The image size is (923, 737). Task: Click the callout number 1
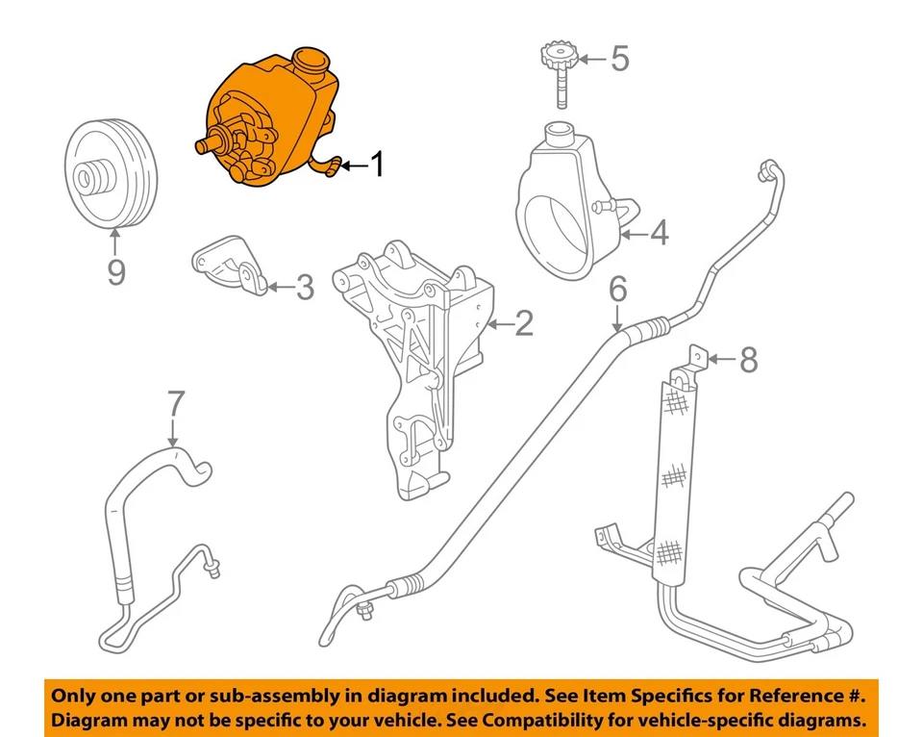tap(377, 165)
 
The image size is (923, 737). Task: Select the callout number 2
tap(523, 323)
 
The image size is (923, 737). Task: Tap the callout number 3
tap(304, 287)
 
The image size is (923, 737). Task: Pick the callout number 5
tap(620, 59)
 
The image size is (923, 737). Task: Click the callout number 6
tap(618, 288)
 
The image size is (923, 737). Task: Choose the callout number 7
tap(174, 405)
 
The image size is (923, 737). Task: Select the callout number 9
tap(115, 273)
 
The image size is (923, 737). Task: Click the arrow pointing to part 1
tap(351, 165)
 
